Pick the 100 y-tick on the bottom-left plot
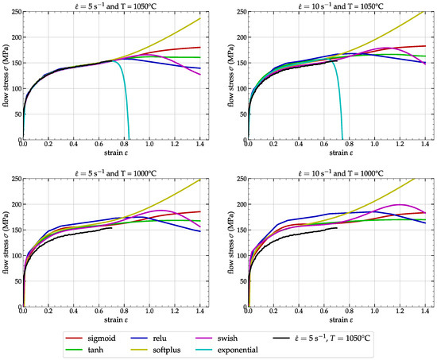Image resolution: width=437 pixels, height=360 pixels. [15, 254]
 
